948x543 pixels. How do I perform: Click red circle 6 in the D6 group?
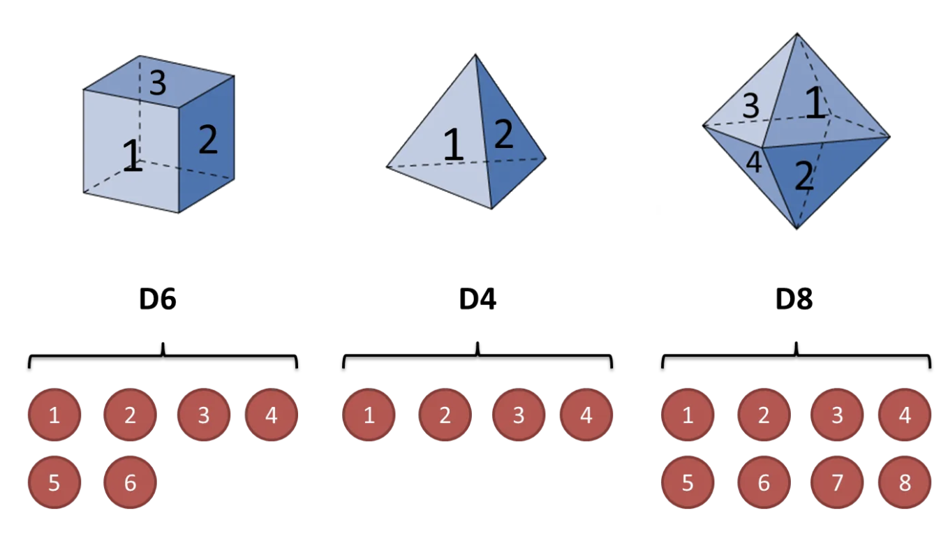(130, 482)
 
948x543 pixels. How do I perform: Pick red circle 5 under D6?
(54, 482)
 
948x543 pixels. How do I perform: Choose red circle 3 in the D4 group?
(518, 416)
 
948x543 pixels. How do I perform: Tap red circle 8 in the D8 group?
(905, 482)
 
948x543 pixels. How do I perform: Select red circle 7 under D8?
(837, 482)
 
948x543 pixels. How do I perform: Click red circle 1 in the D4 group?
(369, 416)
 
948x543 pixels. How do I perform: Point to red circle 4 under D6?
(271, 416)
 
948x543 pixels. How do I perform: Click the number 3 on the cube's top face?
(158, 84)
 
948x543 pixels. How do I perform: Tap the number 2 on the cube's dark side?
(208, 140)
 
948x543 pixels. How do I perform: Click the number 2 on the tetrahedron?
(503, 135)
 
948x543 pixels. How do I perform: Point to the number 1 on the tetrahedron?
(454, 144)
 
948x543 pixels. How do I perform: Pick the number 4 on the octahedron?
(753, 163)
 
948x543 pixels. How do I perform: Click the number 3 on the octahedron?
(750, 107)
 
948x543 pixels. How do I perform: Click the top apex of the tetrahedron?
(475, 54)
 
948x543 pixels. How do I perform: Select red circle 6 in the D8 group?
(764, 482)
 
